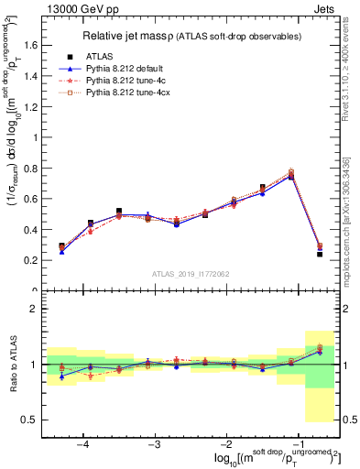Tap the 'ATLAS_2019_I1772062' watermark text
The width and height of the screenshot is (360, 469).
[x=191, y=274]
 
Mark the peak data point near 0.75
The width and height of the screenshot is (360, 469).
[x=291, y=174]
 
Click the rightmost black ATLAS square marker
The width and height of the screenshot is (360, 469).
[x=320, y=254]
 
